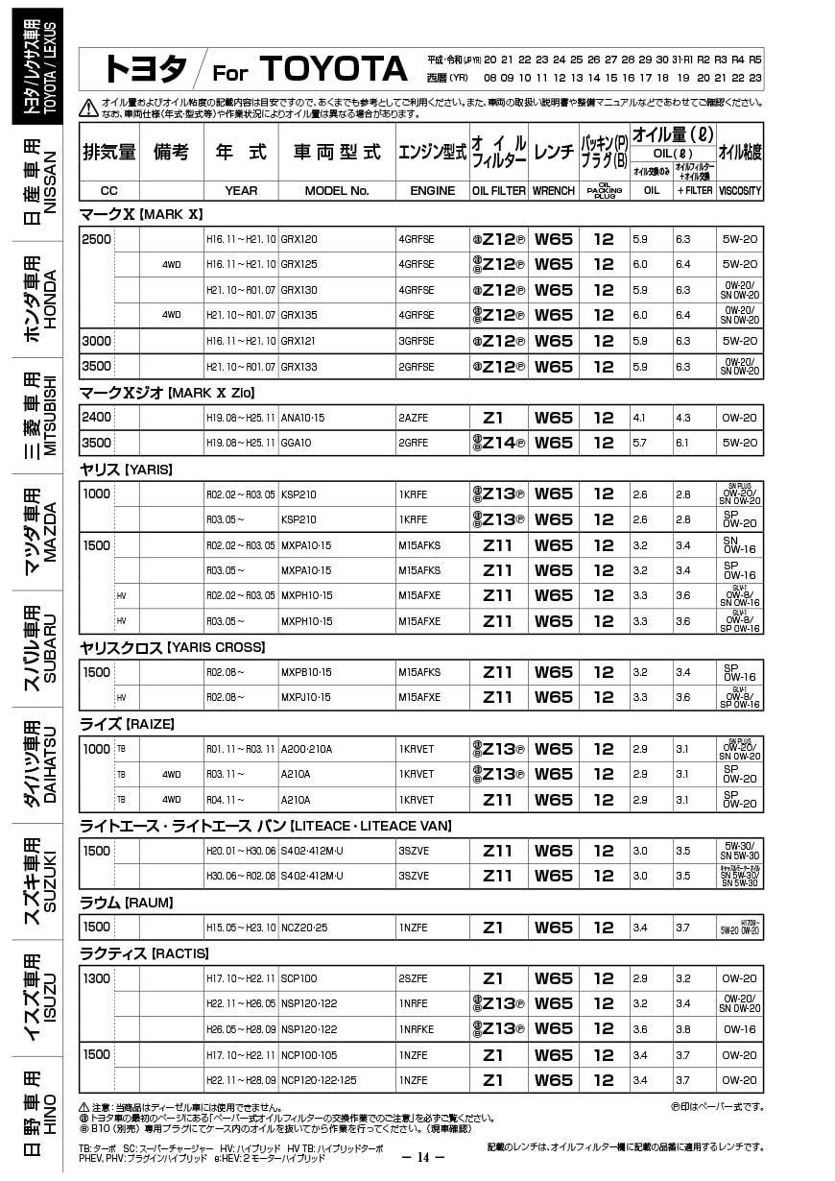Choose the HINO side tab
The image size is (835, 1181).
click(x=38, y=1114)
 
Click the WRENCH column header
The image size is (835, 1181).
click(x=554, y=190)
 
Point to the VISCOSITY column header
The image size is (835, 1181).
click(x=740, y=190)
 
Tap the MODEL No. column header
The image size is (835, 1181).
click(x=337, y=190)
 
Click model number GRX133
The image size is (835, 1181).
click(x=299, y=367)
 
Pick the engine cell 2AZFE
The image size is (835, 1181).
click(x=417, y=418)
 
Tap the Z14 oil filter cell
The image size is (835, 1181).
click(x=498, y=443)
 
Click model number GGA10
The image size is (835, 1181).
click(x=297, y=443)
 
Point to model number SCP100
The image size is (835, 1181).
click(x=298, y=978)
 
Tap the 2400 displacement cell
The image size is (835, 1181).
click(x=97, y=418)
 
